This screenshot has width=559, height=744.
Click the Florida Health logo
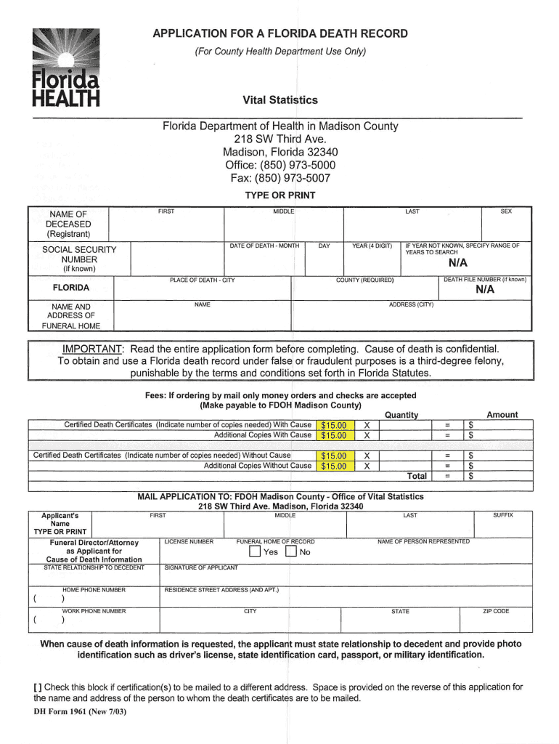point(65,69)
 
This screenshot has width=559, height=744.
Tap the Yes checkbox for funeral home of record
point(254,551)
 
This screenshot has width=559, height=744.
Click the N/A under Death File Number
point(485,289)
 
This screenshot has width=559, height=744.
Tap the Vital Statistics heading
point(280,100)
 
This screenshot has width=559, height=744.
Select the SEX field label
point(506,211)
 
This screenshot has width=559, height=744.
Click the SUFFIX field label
point(503,515)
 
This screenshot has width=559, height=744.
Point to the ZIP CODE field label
point(496,611)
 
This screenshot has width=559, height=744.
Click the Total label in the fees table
point(417,477)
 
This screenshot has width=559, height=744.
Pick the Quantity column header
point(401,415)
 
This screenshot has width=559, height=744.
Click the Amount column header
point(502,415)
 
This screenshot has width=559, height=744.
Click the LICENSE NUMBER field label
point(189,541)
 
